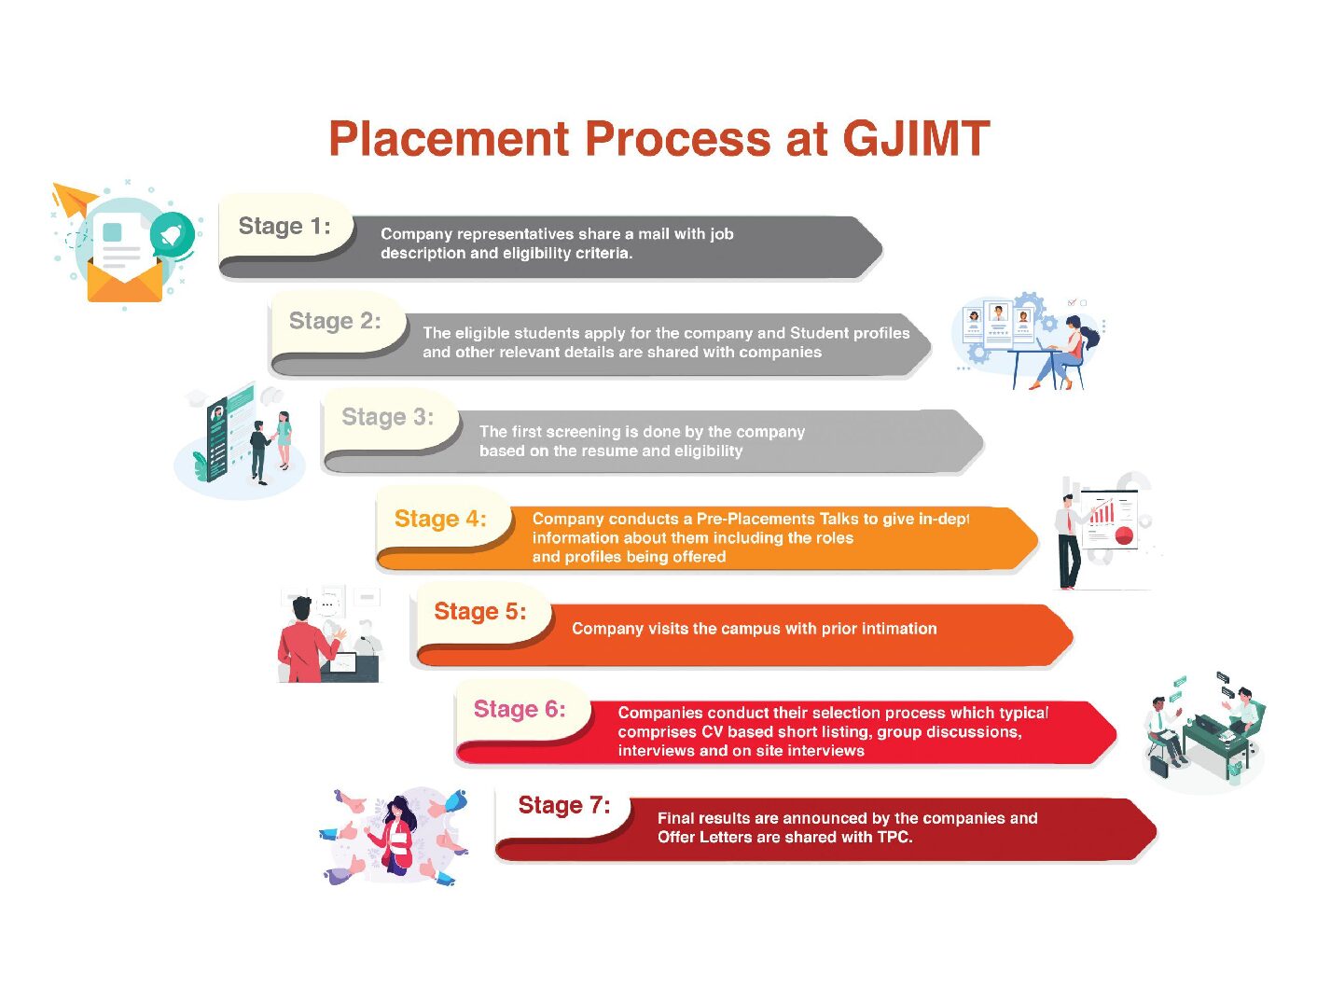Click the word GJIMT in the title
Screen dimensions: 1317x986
point(916,138)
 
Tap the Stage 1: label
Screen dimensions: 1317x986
point(284,227)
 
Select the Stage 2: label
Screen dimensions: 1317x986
point(335,321)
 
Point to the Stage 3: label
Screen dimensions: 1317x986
point(388,416)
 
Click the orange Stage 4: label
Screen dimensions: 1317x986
point(440,519)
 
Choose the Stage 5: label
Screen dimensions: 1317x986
point(480,611)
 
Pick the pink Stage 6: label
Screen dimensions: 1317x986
point(520,709)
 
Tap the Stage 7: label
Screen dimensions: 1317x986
point(564,805)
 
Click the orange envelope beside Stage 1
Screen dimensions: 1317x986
point(125,281)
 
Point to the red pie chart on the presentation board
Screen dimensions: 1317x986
point(1124,535)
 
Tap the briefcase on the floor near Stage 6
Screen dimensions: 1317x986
point(1159,766)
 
